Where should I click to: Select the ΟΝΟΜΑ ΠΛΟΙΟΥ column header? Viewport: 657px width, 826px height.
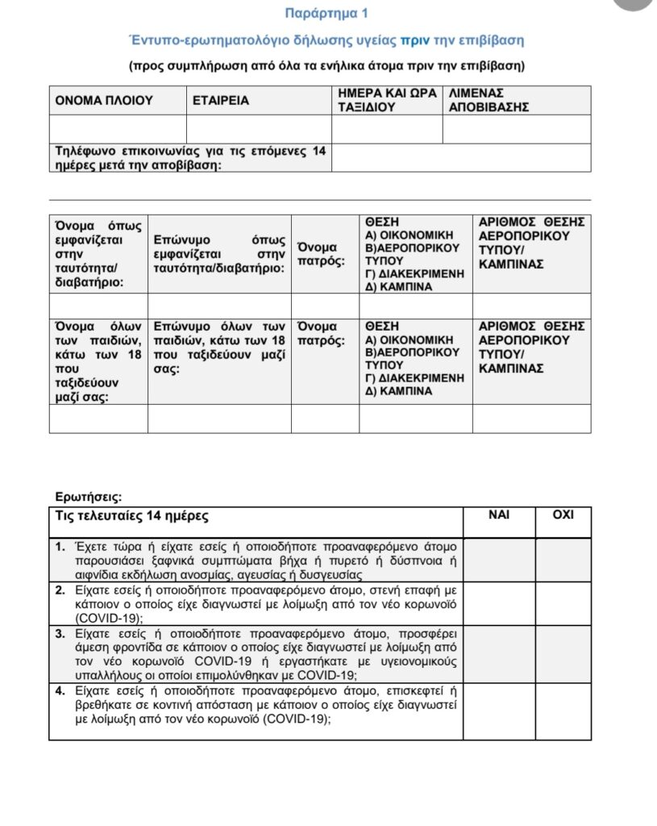[103, 101]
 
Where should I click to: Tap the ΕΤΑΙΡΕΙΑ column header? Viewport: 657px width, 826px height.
[221, 101]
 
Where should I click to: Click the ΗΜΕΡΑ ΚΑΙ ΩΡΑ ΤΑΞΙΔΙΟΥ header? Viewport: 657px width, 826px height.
[387, 100]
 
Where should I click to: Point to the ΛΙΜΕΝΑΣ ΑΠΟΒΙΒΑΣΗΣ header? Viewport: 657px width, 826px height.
[489, 100]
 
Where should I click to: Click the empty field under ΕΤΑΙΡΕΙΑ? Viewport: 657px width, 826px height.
[259, 129]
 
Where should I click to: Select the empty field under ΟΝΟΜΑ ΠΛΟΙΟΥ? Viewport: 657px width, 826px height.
[118, 129]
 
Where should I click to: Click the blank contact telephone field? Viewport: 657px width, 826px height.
[461, 157]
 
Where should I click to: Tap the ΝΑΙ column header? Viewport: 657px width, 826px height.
[499, 515]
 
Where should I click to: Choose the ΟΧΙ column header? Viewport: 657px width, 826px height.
[563, 515]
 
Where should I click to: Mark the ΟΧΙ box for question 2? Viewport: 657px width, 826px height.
[563, 603]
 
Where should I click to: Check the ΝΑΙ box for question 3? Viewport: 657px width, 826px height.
[499, 654]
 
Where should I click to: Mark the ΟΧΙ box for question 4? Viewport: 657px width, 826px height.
[563, 711]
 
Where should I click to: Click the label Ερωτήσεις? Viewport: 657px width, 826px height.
[89, 497]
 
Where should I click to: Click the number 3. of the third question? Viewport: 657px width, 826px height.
[61, 633]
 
